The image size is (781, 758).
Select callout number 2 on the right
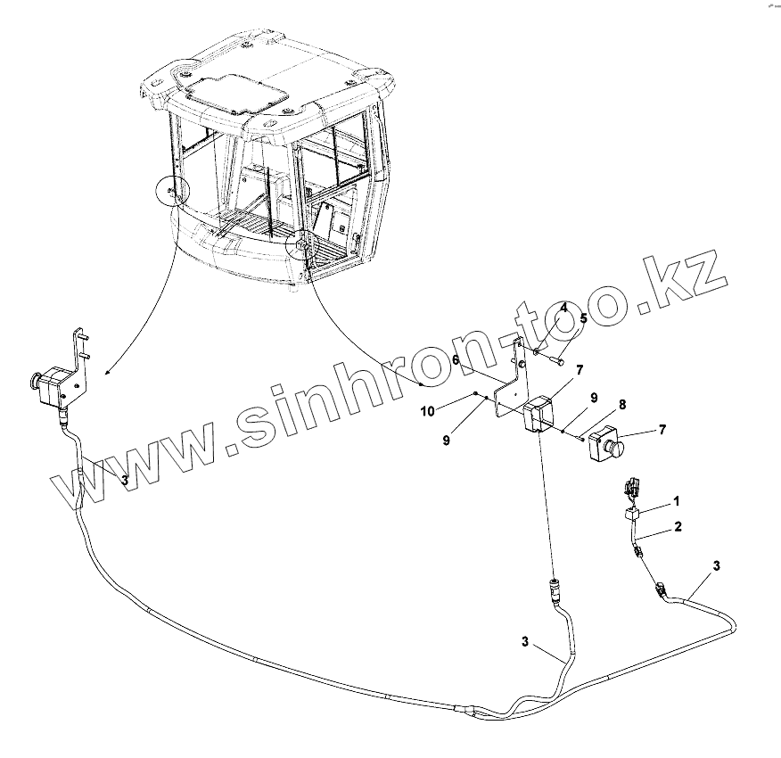click(678, 527)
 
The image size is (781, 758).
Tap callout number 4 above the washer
click(563, 308)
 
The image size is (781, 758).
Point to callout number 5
click(583, 317)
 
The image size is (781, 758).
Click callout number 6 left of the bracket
click(455, 359)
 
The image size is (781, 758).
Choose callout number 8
click(621, 404)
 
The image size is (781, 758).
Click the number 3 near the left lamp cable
click(124, 480)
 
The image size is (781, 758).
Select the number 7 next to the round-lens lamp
click(661, 431)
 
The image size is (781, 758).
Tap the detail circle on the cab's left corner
click(172, 191)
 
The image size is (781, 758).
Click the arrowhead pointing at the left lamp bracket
click(108, 370)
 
